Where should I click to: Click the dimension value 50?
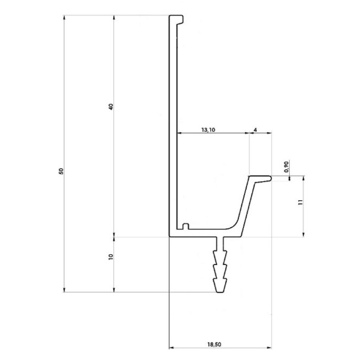click(x=61, y=171)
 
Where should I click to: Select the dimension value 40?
click(x=111, y=107)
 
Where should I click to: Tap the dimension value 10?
click(x=111, y=256)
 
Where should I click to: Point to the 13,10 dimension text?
click(x=208, y=130)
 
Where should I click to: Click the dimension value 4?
click(x=255, y=130)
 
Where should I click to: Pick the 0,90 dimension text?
click(x=286, y=166)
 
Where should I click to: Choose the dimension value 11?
click(x=301, y=202)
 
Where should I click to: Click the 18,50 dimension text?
click(x=214, y=344)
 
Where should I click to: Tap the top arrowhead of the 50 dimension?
click(x=64, y=18)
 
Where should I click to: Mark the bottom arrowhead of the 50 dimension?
click(x=64, y=289)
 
